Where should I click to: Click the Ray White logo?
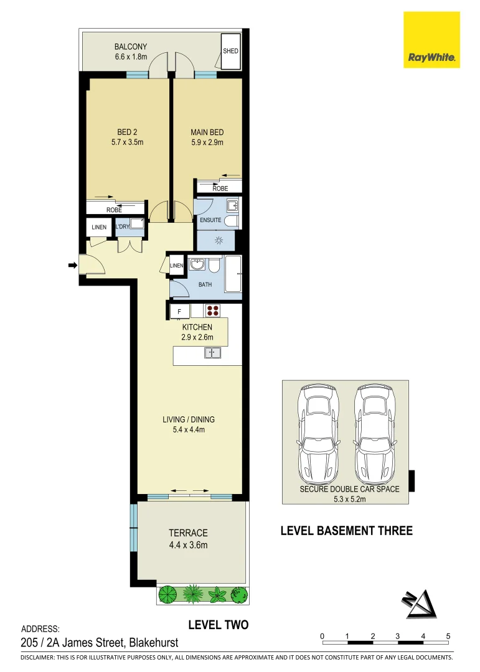click(x=431, y=39)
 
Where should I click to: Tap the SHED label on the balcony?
click(x=230, y=51)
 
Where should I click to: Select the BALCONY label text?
click(x=131, y=47)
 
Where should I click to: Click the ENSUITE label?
click(x=210, y=220)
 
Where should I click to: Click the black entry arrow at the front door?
click(x=72, y=266)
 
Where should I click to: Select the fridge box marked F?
click(x=180, y=311)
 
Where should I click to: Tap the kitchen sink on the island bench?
click(x=212, y=353)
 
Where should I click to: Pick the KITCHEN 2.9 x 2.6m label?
click(x=197, y=332)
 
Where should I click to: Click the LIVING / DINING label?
click(x=188, y=424)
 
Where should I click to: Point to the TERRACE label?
click(x=188, y=539)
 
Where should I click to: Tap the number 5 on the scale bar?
click(x=448, y=636)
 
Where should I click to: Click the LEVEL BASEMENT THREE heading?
click(x=346, y=531)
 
